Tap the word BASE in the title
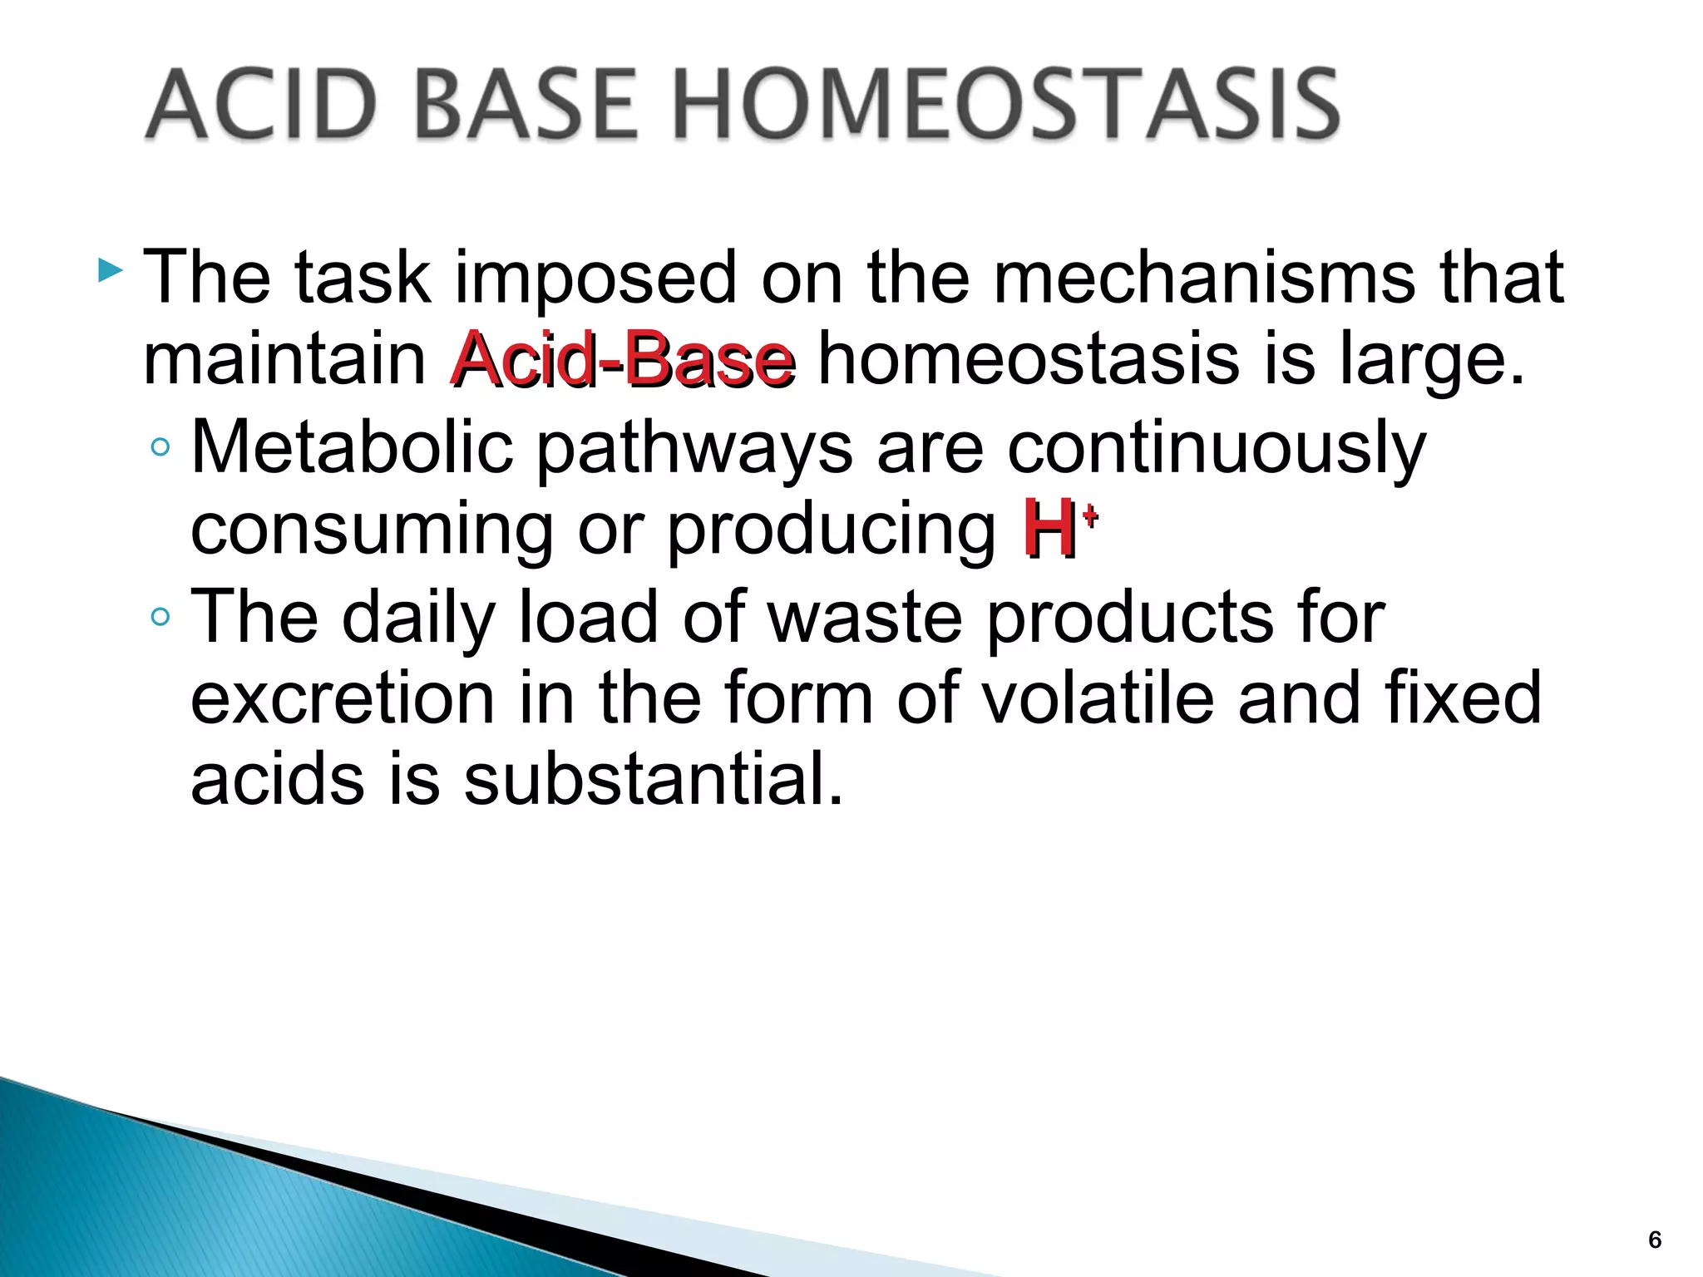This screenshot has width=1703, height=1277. click(x=529, y=106)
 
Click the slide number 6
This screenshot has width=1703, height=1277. click(x=1655, y=1240)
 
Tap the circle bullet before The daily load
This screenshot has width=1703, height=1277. click(x=160, y=617)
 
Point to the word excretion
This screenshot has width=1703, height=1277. click(x=343, y=698)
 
